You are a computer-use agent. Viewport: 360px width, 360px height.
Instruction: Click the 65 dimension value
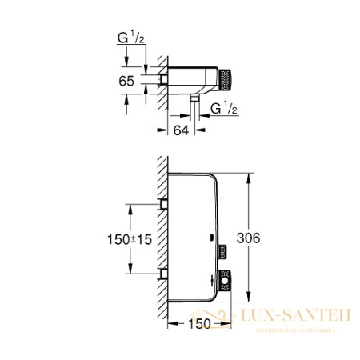coord(127,81)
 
